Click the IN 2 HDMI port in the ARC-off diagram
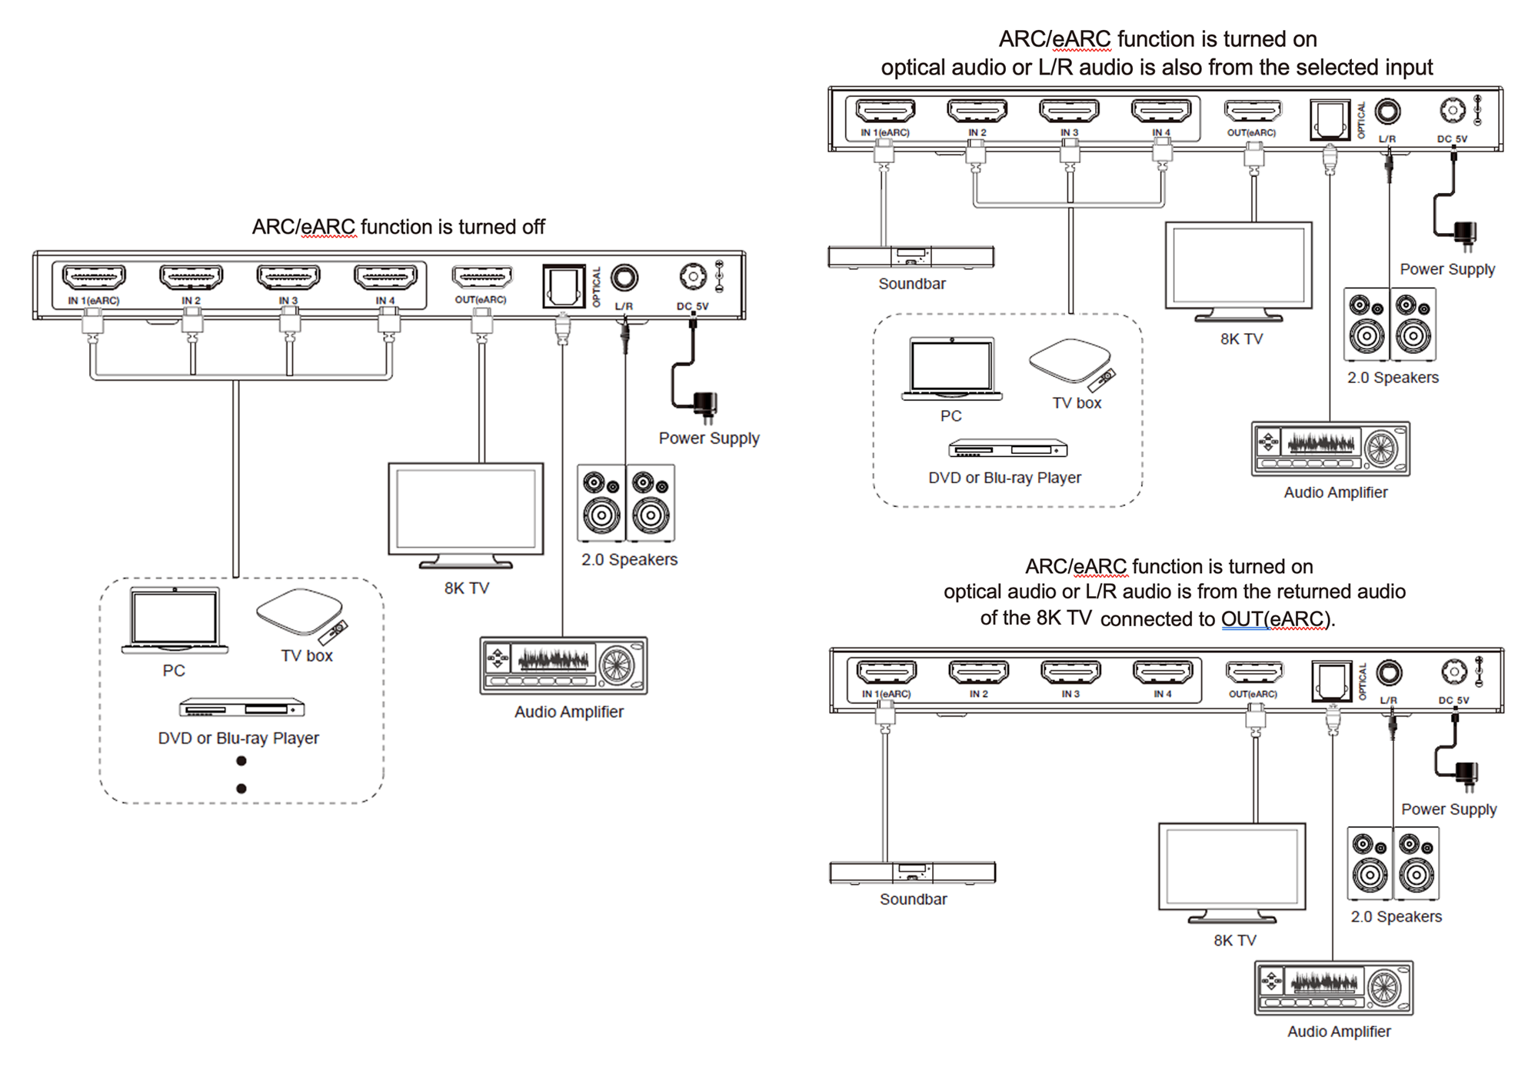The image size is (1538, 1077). (x=191, y=277)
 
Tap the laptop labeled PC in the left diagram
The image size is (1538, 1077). (x=175, y=620)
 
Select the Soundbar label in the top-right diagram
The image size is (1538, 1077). (x=912, y=284)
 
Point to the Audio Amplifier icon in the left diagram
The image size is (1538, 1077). (x=564, y=665)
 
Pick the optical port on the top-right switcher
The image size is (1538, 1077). (x=1330, y=119)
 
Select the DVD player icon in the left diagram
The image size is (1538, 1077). (x=242, y=708)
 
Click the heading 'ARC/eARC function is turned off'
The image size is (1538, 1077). (x=398, y=227)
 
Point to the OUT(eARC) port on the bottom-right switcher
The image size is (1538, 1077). (x=1254, y=672)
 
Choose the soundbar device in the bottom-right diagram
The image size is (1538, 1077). (x=913, y=872)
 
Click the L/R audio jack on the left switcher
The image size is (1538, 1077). (x=624, y=277)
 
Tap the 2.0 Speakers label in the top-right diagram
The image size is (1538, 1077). (x=1393, y=378)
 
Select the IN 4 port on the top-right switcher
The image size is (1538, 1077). (x=1161, y=111)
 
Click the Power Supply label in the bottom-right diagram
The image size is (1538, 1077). (x=1449, y=809)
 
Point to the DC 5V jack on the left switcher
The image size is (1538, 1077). (x=693, y=276)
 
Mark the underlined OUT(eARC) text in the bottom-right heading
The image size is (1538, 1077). (x=1275, y=619)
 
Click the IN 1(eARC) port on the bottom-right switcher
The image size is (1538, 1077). (x=887, y=672)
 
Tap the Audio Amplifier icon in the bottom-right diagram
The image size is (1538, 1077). (x=1334, y=989)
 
